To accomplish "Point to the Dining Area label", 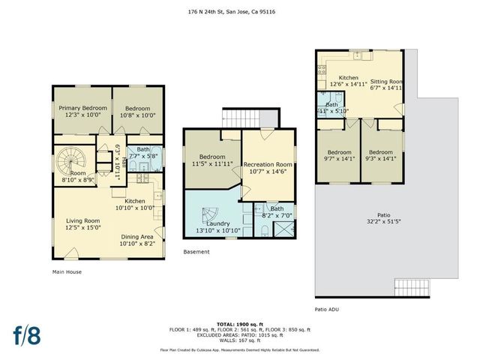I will [x=137, y=239].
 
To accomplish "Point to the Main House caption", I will [x=67, y=272].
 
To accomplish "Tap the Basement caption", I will [x=196, y=253].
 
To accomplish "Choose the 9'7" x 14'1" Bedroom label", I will [x=339, y=155].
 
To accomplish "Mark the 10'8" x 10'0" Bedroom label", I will [x=137, y=111].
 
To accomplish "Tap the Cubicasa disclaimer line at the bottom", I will [x=239, y=349].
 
